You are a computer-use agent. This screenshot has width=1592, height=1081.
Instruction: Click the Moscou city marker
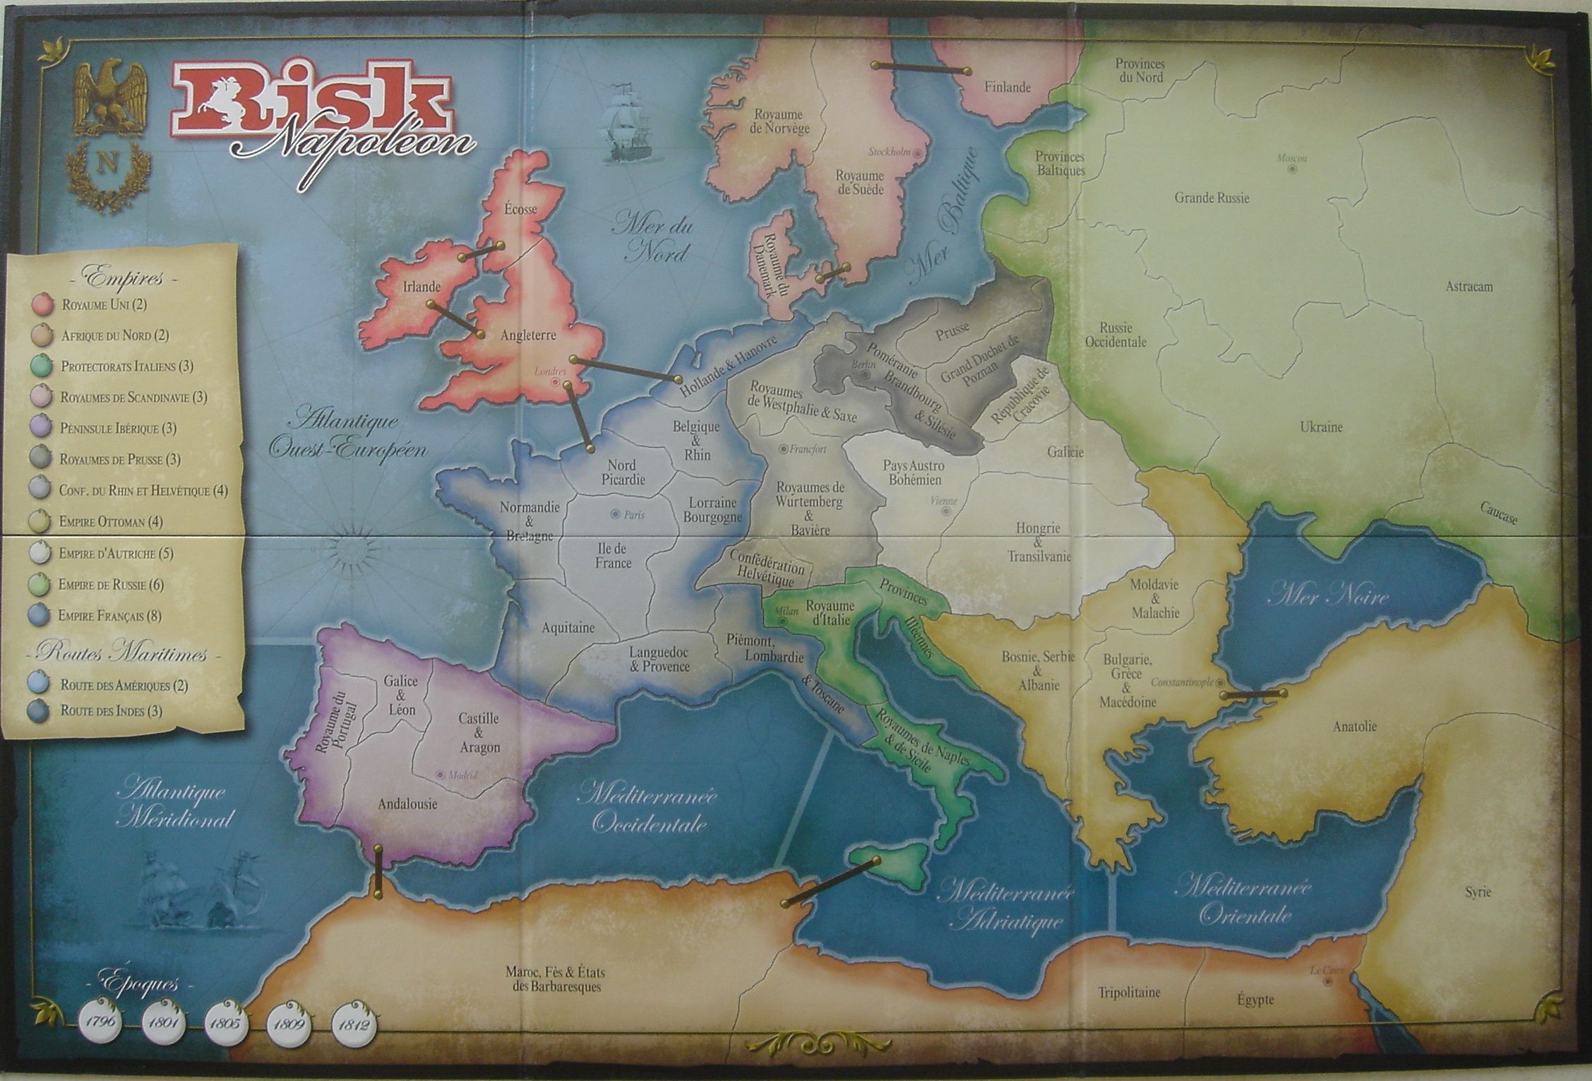[x=1291, y=169]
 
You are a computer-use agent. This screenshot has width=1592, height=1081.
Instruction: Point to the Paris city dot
[x=616, y=514]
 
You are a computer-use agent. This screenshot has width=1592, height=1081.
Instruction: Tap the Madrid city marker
[x=441, y=775]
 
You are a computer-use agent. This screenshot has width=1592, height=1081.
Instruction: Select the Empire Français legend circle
[x=42, y=616]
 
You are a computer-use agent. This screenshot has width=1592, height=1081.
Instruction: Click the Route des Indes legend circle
[x=42, y=711]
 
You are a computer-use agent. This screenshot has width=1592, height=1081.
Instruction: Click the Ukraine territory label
[x=1321, y=427]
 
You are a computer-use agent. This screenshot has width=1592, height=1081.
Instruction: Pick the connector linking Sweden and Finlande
[x=921, y=68]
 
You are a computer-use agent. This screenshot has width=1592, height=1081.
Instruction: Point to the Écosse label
[x=521, y=209]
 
